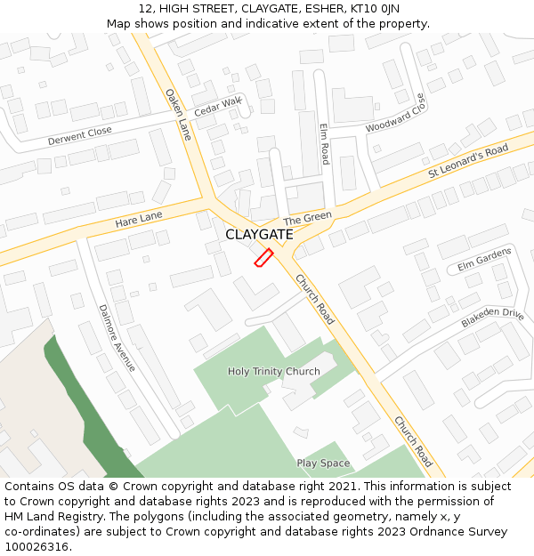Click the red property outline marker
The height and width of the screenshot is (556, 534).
[263, 257]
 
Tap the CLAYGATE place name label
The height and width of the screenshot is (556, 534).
[259, 235]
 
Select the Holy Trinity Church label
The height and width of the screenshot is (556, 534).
[273, 371]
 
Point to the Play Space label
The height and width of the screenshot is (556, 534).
[323, 463]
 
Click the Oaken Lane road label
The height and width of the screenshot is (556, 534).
[178, 115]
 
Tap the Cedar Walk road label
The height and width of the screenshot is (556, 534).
[217, 108]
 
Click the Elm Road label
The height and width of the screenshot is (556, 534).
[325, 142]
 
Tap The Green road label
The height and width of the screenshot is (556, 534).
[307, 218]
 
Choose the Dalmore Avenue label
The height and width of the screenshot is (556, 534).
[117, 337]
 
